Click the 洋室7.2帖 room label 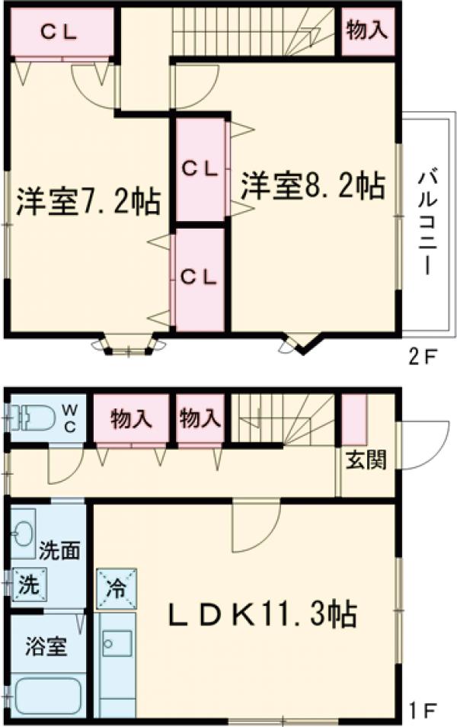click(88, 202)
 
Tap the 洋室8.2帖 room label click(313, 185)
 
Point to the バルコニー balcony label click(427, 224)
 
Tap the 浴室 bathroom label click(46, 648)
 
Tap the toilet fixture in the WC click(34, 417)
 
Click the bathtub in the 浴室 click(47, 694)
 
